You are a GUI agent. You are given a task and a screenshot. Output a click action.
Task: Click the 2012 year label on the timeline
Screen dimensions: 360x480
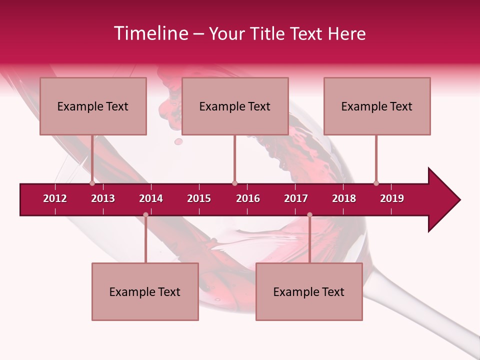[x=55, y=198]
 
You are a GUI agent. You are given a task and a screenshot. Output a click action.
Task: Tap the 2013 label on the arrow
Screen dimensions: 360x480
[x=103, y=198]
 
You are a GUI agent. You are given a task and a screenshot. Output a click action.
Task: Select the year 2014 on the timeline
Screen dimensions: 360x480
[x=151, y=198]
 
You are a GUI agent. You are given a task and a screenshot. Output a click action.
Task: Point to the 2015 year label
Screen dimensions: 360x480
[x=199, y=198]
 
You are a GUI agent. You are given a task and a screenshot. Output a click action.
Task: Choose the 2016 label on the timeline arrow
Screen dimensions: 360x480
[x=248, y=198]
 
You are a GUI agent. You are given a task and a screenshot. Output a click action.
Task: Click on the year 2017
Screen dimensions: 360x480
[x=296, y=198]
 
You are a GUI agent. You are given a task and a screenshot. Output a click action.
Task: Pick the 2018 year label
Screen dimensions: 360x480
[x=344, y=198]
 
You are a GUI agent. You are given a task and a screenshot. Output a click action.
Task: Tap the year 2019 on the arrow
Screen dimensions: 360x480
[x=392, y=198]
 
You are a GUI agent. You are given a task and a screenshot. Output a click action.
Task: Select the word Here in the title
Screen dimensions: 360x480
[x=347, y=33]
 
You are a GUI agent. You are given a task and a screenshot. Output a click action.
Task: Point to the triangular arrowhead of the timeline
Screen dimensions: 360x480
[x=443, y=200]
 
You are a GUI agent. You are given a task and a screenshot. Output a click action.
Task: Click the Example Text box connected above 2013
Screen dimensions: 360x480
[x=93, y=106]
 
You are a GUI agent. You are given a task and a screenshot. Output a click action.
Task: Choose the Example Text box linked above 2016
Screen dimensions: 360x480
[x=235, y=106]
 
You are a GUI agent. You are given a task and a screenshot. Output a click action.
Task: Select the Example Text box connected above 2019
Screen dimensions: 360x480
[x=377, y=106]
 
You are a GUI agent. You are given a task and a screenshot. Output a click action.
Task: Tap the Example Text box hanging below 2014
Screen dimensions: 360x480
[x=145, y=291]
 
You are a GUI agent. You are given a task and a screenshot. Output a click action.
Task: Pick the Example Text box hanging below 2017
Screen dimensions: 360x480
[x=309, y=291]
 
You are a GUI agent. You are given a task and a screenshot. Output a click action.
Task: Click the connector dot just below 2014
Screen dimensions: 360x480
[x=145, y=215]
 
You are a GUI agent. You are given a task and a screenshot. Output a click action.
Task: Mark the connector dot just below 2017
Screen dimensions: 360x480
[x=309, y=215]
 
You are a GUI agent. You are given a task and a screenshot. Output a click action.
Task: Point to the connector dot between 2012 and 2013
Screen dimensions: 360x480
[x=92, y=183]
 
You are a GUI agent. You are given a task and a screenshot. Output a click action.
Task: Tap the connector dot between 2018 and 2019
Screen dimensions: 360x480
[x=376, y=183]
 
